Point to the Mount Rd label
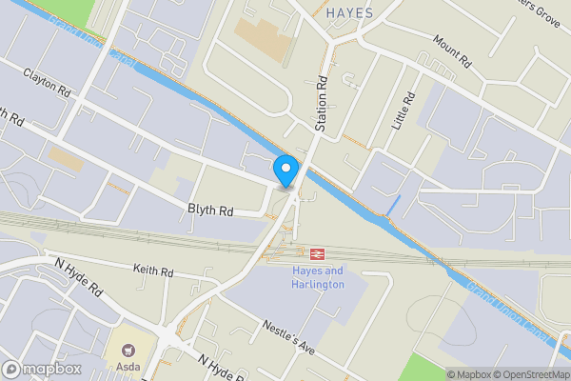pyautogui.click(x=453, y=51)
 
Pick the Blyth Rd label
pyautogui.click(x=209, y=211)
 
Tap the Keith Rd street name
pyautogui.click(x=153, y=271)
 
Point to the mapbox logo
pyautogui.click(x=41, y=369)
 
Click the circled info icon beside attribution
pyautogui.click(x=437, y=374)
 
